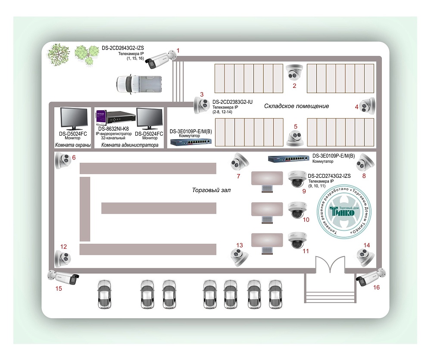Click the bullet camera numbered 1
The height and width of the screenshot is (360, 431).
[x=161, y=59]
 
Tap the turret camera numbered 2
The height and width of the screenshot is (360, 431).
[x=295, y=72]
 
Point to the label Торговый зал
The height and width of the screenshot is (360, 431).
[x=209, y=190]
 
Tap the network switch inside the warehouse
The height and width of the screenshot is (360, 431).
[x=190, y=142]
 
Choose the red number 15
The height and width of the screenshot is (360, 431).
[x=59, y=288]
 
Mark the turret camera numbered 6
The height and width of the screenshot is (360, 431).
[x=62, y=162]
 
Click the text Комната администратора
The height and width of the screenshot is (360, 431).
[x=130, y=146]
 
